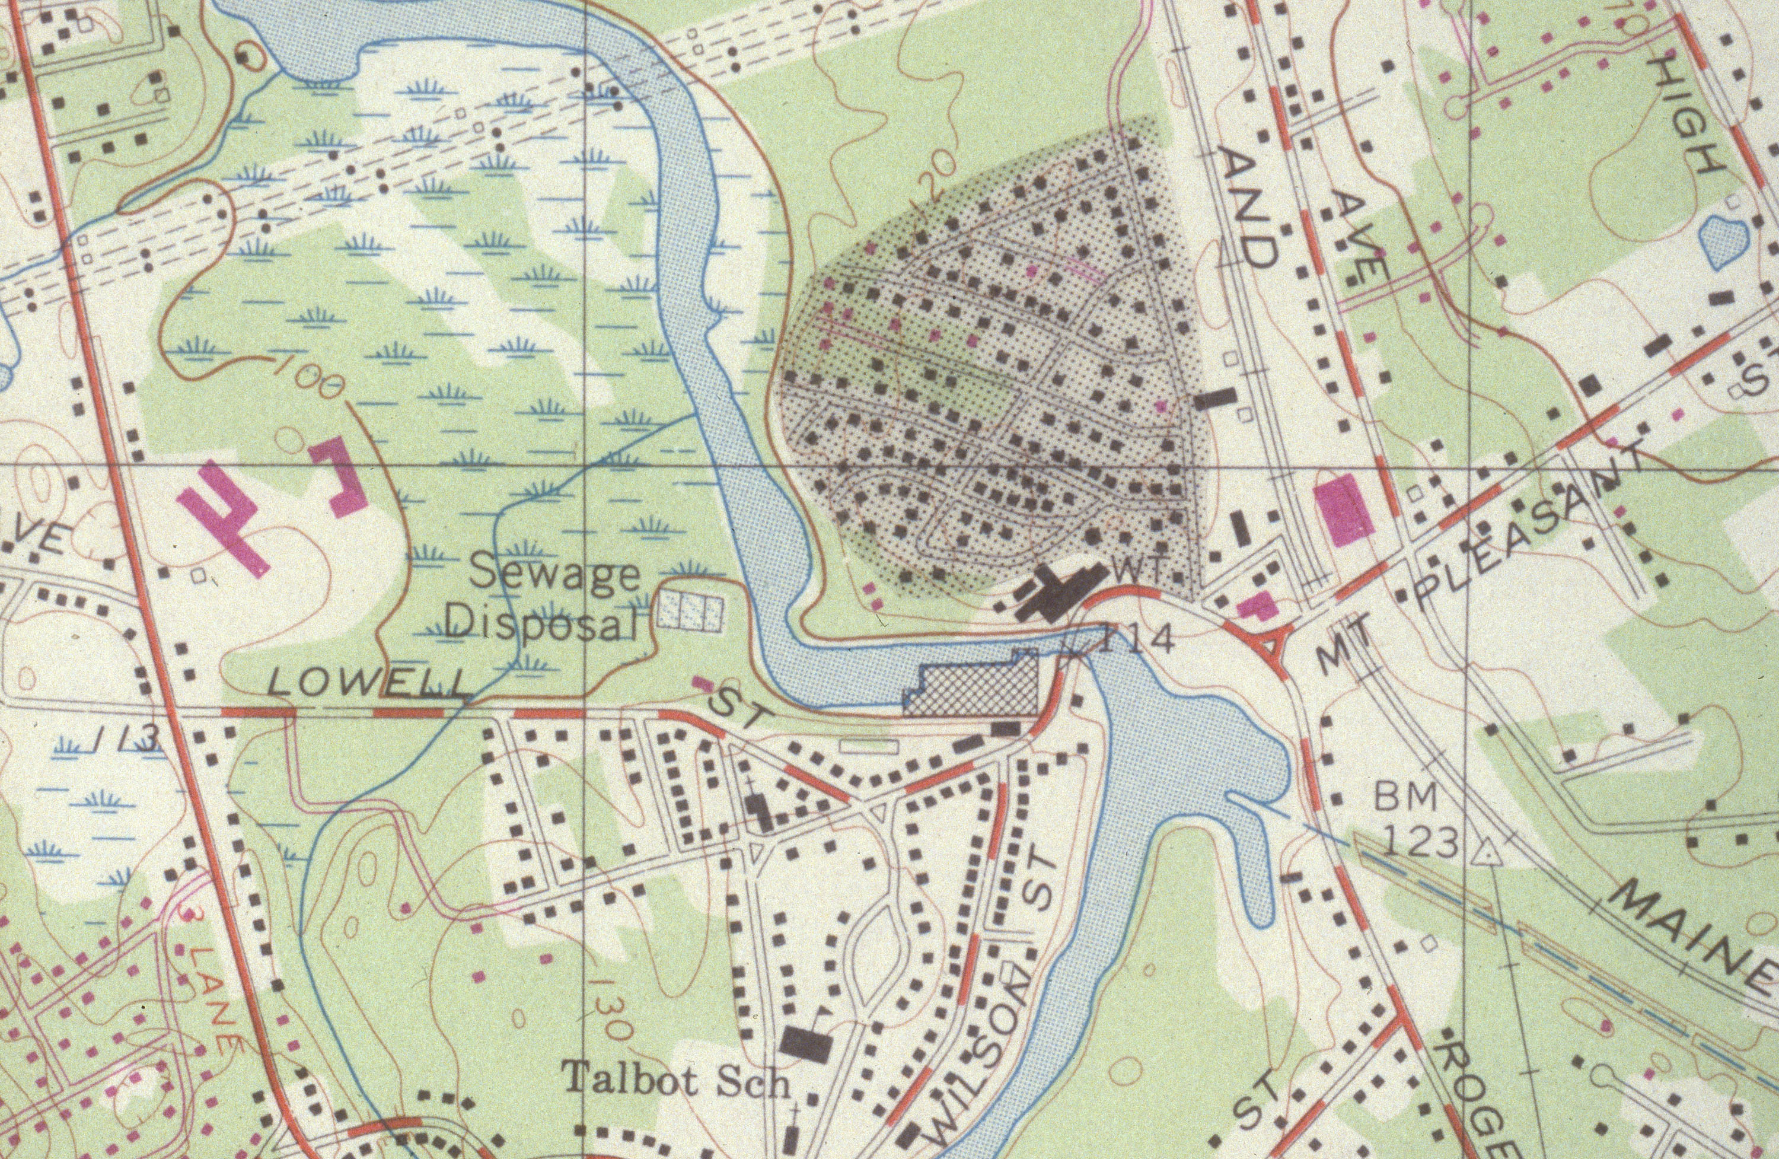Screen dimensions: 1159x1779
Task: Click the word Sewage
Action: [x=556, y=574]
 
